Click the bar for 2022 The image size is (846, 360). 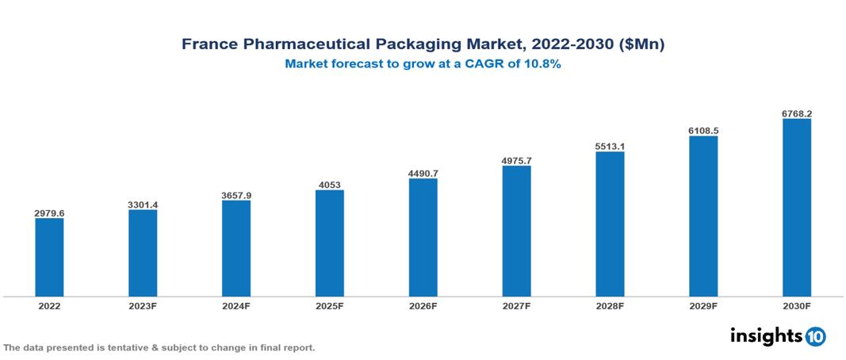pos(49,257)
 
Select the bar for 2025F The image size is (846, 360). pos(329,243)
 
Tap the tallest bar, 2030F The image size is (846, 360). pos(796,207)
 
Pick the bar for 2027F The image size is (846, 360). pos(516,231)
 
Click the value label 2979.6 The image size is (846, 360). pos(49,213)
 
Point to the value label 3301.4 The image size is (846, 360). pos(143,205)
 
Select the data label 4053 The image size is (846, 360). pos(329,185)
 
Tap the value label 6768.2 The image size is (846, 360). pos(796,113)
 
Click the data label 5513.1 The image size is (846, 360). pos(610,146)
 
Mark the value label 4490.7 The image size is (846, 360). pos(423,173)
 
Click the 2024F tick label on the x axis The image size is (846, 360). pos(236,305)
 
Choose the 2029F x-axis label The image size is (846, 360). pos(703,305)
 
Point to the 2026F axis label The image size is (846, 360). pos(423,305)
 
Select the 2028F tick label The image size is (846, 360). pos(610,305)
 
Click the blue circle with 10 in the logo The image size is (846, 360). pos(815,336)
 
